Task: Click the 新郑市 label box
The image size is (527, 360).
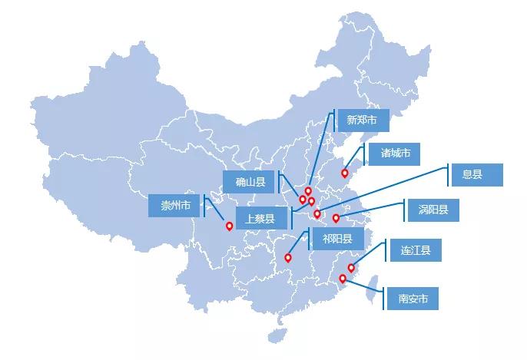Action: click(x=363, y=121)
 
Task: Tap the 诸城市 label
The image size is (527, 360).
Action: click(x=394, y=154)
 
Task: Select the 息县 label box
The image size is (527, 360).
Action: click(x=477, y=175)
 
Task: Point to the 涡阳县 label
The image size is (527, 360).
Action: click(x=433, y=210)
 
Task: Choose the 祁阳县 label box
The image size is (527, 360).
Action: click(x=338, y=239)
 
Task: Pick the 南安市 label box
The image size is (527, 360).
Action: click(x=413, y=299)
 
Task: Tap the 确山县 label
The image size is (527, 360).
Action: click(x=249, y=182)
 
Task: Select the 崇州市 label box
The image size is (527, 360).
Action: click(x=174, y=206)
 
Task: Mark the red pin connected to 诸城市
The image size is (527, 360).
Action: click(x=344, y=173)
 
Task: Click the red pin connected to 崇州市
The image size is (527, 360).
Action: click(x=229, y=226)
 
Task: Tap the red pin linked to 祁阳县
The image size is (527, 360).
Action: click(x=287, y=258)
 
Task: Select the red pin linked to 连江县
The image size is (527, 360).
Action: click(x=351, y=268)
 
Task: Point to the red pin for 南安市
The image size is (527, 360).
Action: click(x=343, y=279)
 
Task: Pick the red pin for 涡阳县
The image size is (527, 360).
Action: click(x=336, y=218)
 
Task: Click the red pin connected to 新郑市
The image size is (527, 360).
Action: click(x=308, y=191)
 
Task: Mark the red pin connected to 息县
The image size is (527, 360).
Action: click(x=317, y=214)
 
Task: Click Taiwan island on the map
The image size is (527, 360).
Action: click(x=373, y=289)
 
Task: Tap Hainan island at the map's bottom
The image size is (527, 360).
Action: click(x=278, y=335)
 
